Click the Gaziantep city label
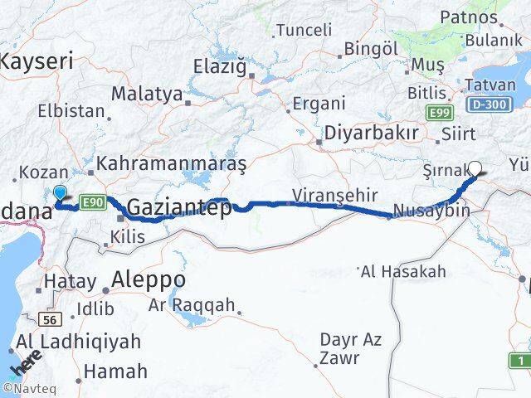coord(179,207)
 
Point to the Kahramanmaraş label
coord(172,163)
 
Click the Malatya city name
coord(146,94)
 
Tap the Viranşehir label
coord(334,196)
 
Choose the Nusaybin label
coord(432,211)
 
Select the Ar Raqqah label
coord(192,305)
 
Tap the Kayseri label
coord(37,60)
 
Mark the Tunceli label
coord(303,30)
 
